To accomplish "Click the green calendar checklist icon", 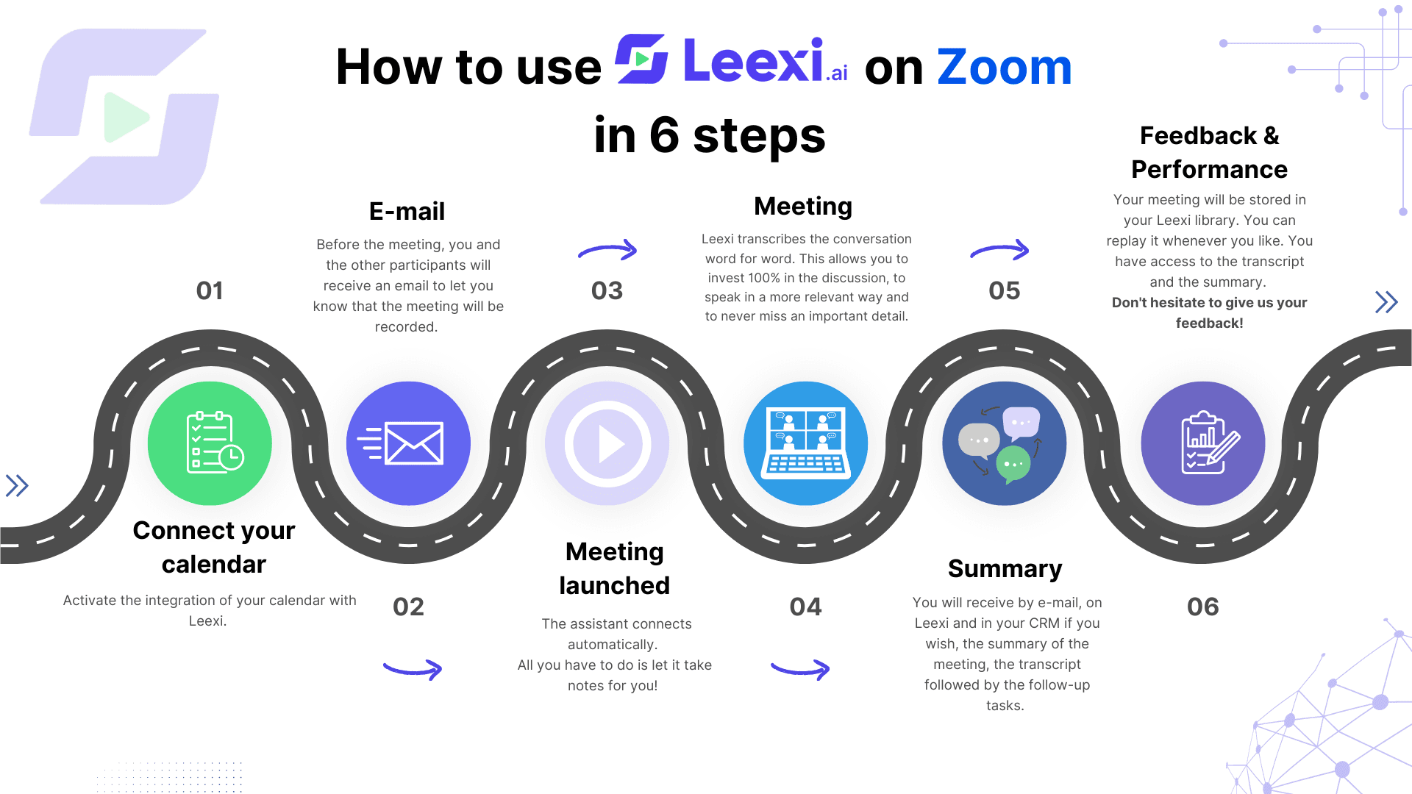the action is click(x=210, y=443).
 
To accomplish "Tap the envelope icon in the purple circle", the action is click(x=408, y=443).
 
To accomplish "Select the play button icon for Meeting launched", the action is click(x=607, y=443).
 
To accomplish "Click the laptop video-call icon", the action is click(x=806, y=443).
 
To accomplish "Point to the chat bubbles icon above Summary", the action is click(x=1005, y=443).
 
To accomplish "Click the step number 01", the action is click(x=210, y=290).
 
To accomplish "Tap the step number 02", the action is click(x=408, y=607).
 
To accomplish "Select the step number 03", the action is click(x=607, y=290).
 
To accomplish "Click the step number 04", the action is click(x=806, y=607).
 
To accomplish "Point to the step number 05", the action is click(x=1005, y=290).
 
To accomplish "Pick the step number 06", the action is click(x=1203, y=607).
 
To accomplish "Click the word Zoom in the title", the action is click(x=1005, y=67).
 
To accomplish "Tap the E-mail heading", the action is click(x=407, y=212).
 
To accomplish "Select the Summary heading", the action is click(x=1005, y=569).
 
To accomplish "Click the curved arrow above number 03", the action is click(x=608, y=250).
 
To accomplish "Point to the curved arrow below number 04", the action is click(x=800, y=668).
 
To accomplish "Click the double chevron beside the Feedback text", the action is click(x=1386, y=302).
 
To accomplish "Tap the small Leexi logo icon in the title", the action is click(x=641, y=59).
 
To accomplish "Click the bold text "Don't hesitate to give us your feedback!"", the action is click(x=1210, y=312).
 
